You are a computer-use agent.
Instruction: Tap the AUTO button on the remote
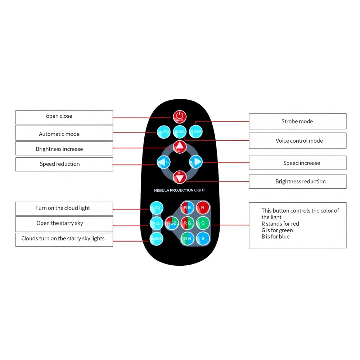coord(163,132)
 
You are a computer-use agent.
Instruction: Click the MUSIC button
coord(179,132)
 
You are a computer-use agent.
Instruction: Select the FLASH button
coord(195,132)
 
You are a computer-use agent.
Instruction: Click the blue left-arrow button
coord(162,162)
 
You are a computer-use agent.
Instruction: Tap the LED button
coord(157,208)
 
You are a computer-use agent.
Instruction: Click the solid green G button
coord(203,223)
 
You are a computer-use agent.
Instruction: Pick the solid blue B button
coord(203,238)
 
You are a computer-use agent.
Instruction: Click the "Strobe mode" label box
coord(297,121)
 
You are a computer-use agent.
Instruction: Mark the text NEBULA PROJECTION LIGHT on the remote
coord(179,190)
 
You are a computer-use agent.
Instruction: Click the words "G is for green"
coord(277,230)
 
